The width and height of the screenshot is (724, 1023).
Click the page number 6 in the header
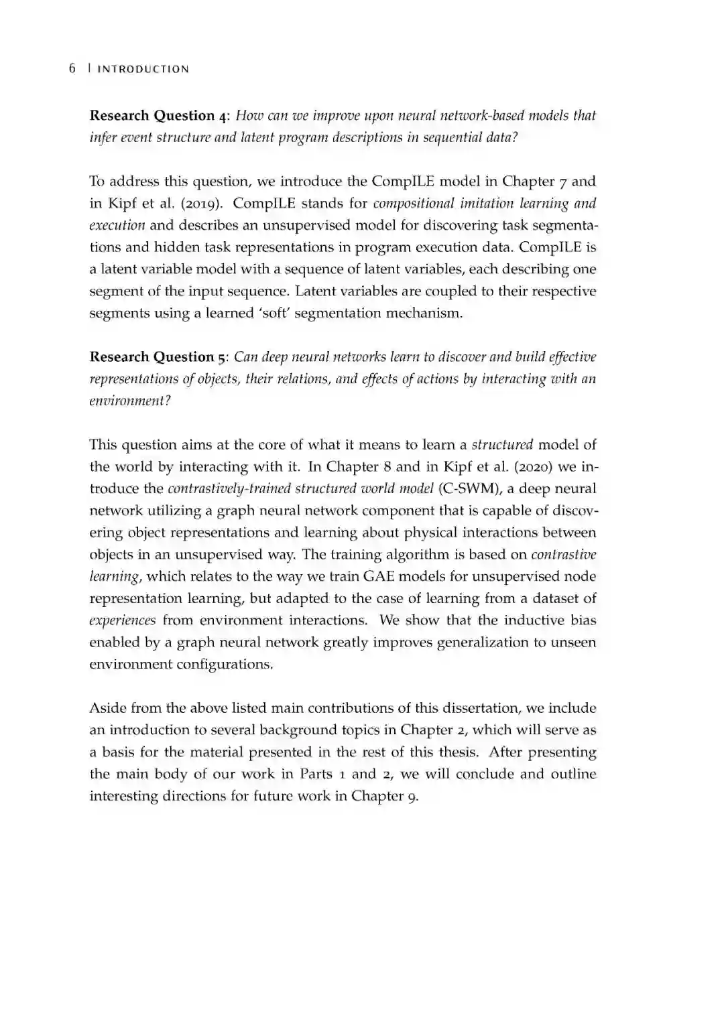click(x=72, y=68)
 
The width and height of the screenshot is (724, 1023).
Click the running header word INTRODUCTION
click(x=143, y=69)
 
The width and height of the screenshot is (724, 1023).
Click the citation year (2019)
click(x=198, y=203)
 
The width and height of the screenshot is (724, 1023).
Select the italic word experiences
click(x=123, y=620)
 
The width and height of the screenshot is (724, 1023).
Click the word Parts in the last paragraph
click(x=316, y=774)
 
